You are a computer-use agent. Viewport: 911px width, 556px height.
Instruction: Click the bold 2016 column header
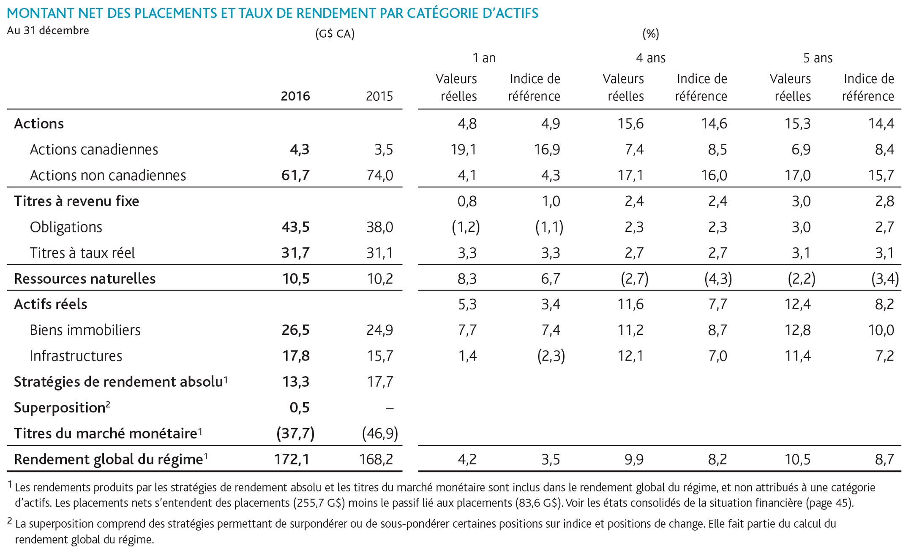tap(295, 96)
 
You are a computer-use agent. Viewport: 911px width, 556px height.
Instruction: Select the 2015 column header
tap(379, 96)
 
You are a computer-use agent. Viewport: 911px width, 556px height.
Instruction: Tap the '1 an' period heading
tap(484, 58)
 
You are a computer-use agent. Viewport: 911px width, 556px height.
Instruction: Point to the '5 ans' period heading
tap(818, 58)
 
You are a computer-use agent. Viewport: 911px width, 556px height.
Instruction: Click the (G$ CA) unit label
tap(335, 34)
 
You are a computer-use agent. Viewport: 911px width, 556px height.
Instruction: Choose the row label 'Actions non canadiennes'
tap(108, 175)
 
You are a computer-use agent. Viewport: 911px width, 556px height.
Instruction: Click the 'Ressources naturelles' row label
tap(85, 279)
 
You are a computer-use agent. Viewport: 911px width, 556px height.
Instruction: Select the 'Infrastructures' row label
tap(76, 356)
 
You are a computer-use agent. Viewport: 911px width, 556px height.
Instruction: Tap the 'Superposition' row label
tap(60, 408)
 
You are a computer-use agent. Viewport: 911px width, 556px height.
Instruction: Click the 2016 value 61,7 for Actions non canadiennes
tap(295, 175)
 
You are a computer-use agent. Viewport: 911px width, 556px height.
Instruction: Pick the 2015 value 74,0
tap(380, 175)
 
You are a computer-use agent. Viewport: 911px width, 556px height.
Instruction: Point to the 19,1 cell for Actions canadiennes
tap(464, 149)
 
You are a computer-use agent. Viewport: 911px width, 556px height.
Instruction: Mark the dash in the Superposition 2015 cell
tap(390, 408)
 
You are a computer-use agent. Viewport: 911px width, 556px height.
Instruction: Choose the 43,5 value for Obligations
tap(295, 227)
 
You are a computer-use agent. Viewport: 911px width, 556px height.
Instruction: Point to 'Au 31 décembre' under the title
tap(48, 31)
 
